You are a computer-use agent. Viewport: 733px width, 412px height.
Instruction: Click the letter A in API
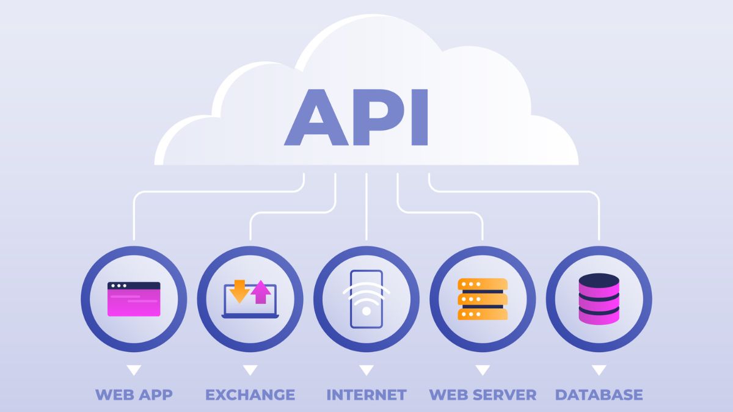click(316, 119)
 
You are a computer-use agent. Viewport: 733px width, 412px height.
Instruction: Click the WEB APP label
click(134, 394)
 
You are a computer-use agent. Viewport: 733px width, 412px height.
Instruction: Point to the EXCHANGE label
click(250, 394)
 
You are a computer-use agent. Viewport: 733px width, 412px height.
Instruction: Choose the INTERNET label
click(366, 394)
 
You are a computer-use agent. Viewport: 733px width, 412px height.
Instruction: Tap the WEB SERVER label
click(483, 394)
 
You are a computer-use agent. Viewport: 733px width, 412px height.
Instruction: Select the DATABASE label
click(599, 394)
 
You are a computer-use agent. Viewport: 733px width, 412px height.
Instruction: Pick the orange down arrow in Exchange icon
click(239, 291)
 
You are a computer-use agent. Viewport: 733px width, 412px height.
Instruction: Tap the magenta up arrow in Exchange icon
click(261, 292)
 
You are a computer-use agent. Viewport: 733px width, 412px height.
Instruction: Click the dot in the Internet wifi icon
click(366, 311)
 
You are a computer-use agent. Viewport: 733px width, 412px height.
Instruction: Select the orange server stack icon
click(483, 299)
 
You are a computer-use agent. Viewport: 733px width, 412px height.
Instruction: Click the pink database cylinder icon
click(599, 299)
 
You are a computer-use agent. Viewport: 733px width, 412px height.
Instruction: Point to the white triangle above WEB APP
click(134, 370)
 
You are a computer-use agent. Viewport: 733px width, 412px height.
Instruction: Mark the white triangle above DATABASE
click(599, 370)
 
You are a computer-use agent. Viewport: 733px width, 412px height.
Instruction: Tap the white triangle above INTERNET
click(366, 370)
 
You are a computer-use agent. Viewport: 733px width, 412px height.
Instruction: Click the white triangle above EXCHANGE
click(250, 370)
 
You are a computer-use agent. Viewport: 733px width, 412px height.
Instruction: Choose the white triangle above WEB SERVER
click(483, 370)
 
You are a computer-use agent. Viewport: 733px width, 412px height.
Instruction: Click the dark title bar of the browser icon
click(134, 286)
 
